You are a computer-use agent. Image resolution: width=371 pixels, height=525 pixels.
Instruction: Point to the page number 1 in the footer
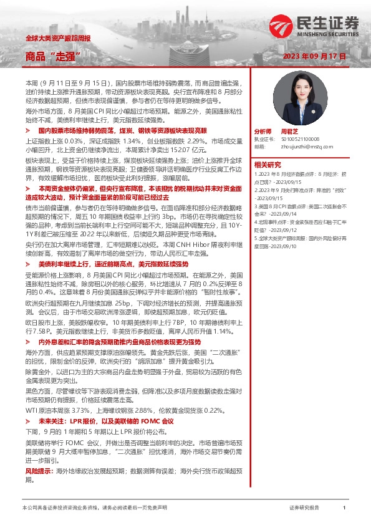tap(344, 509)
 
